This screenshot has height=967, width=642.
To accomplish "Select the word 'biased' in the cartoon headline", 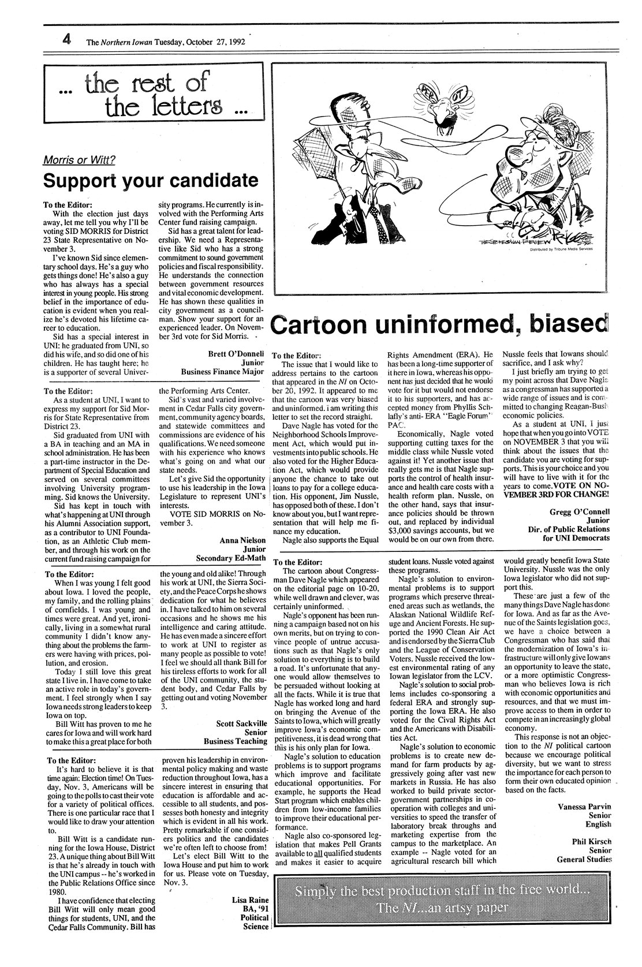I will (x=563, y=324).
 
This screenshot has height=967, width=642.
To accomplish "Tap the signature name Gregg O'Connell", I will (x=576, y=511).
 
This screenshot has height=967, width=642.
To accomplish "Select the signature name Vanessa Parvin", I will (x=585, y=805).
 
